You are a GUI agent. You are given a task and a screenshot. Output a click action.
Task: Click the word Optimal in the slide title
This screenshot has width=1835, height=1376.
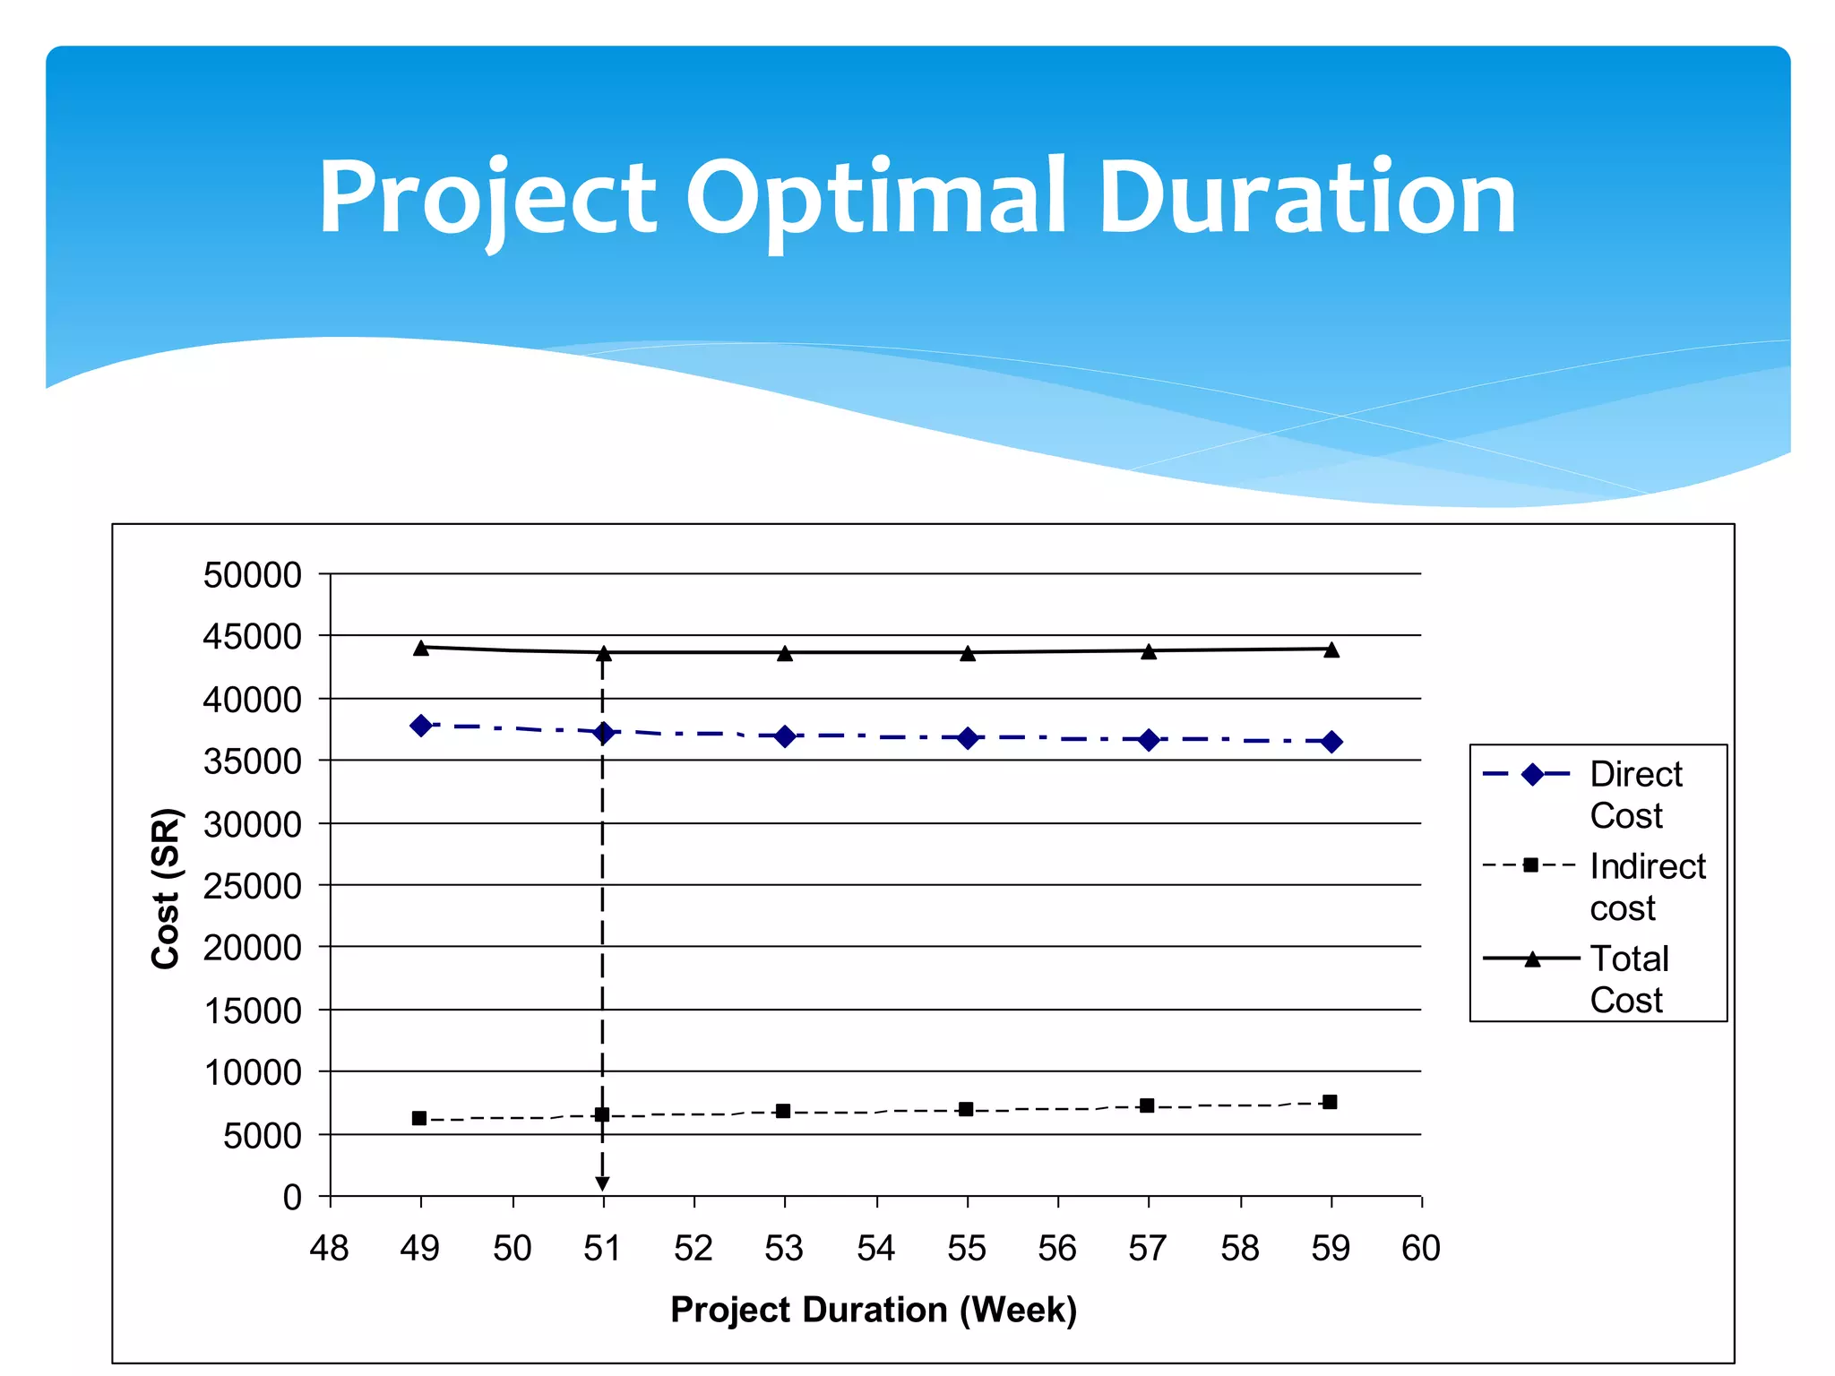[x=875, y=199]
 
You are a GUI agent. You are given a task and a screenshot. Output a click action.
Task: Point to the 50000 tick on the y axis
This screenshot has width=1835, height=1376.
[x=253, y=575]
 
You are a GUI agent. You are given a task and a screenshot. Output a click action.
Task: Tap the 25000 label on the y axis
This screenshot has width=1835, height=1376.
[x=253, y=886]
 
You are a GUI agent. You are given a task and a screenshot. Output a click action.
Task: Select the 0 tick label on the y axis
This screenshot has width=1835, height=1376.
[x=292, y=1198]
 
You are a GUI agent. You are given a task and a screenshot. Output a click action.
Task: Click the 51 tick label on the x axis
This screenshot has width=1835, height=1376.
[x=602, y=1248]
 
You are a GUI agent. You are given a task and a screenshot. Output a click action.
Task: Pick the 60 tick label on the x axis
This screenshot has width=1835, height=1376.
[x=1421, y=1248]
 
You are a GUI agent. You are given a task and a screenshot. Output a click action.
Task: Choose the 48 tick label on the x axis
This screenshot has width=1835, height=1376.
[x=329, y=1248]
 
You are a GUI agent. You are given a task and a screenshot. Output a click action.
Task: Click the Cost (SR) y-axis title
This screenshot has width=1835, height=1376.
[x=167, y=888]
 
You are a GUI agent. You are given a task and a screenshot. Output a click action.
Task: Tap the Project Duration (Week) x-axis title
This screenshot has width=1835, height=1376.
[x=874, y=1310]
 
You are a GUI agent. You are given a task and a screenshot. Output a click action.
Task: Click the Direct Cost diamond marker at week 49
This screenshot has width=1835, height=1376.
[x=421, y=726]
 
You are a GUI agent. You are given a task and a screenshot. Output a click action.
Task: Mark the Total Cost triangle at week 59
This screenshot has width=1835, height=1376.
[x=1331, y=650]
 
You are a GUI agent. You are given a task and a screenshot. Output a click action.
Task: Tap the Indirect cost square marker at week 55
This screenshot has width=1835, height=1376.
[x=966, y=1110]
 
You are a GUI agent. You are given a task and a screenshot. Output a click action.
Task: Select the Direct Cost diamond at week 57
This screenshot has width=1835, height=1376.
[x=1149, y=740]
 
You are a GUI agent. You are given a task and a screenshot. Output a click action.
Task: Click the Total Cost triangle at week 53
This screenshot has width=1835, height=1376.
[x=785, y=654]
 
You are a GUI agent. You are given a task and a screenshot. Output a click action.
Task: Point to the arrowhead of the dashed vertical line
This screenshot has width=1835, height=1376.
[x=602, y=1183]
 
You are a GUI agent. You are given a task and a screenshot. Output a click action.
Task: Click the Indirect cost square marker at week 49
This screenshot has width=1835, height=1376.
[x=419, y=1118]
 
